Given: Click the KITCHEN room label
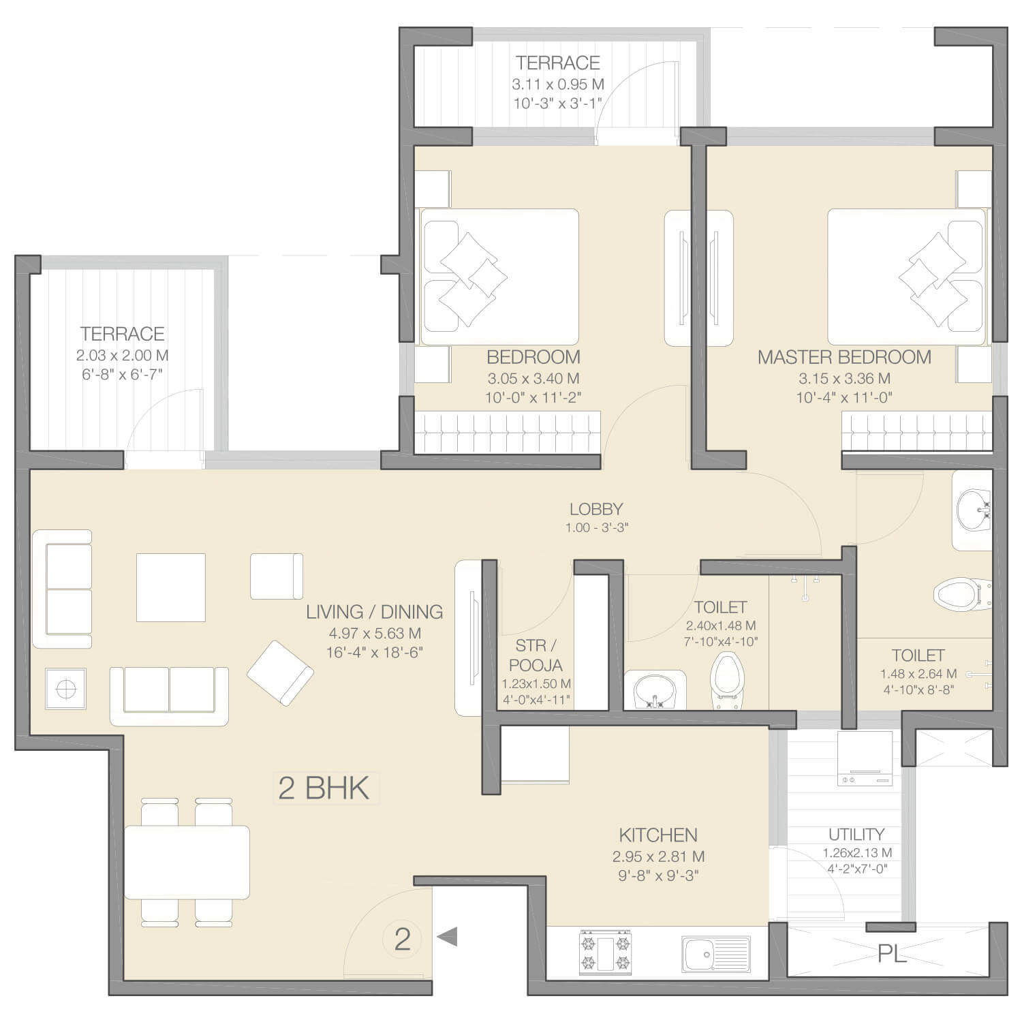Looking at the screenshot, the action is [x=658, y=835].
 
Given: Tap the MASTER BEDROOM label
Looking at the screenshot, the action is [x=844, y=357].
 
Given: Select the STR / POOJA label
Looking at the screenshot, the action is [x=536, y=655].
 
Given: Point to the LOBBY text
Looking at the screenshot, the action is [x=596, y=509].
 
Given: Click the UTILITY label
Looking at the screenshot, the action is [x=856, y=835].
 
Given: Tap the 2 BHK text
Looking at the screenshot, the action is [x=324, y=788].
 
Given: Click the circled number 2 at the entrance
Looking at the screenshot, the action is [x=403, y=940].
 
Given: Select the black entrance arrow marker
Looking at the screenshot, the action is [x=447, y=937].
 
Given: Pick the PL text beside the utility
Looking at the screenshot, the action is [x=892, y=954].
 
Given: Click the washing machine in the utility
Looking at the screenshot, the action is [x=865, y=758].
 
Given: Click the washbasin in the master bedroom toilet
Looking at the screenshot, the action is [x=973, y=510].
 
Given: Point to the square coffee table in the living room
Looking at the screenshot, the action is [x=171, y=587].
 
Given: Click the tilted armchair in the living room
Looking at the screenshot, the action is [x=280, y=672].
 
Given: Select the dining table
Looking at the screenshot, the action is [x=187, y=862].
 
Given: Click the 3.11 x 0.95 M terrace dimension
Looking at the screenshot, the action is [x=558, y=84].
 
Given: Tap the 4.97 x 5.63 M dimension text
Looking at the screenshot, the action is [x=374, y=634].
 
